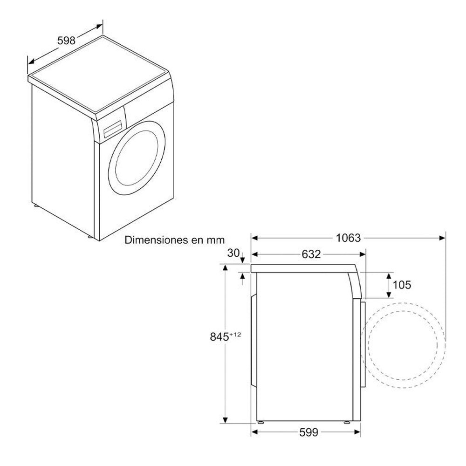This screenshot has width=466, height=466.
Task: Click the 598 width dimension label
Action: [66, 41]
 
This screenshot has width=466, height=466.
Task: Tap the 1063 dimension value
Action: [348, 238]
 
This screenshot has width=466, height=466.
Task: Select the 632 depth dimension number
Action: [311, 254]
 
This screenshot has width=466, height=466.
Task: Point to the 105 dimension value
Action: [402, 285]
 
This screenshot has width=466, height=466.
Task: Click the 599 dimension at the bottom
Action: [308, 432]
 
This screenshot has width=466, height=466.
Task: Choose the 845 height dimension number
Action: [219, 337]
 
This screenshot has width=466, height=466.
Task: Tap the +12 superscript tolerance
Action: [235, 334]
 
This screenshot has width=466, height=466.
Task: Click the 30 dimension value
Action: [233, 253]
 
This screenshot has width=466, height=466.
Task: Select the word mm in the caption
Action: [216, 240]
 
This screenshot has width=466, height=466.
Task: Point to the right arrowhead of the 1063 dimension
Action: [442, 238]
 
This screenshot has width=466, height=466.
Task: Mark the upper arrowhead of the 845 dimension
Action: [225, 268]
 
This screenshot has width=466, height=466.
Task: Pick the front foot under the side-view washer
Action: [347, 422]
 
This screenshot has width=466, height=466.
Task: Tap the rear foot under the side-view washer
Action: [261, 422]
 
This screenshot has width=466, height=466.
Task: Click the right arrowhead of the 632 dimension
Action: [362, 254]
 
